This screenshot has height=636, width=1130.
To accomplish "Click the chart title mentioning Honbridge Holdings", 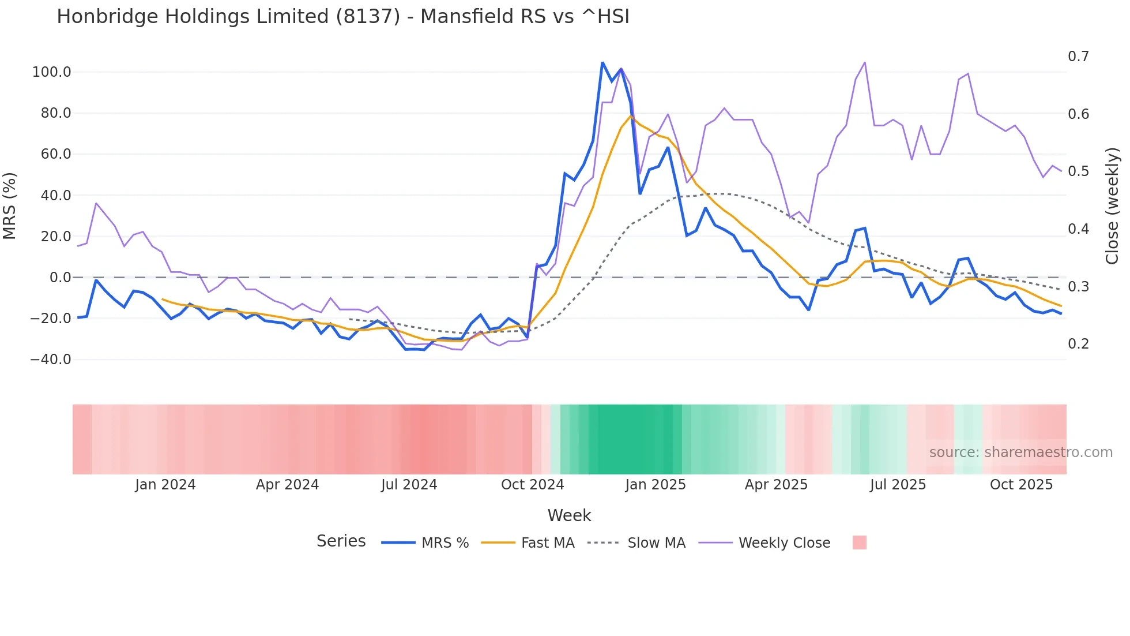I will [343, 17].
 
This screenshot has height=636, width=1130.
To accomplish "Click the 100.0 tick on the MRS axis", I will [52, 72].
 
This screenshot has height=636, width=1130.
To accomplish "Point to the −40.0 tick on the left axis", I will [51, 360].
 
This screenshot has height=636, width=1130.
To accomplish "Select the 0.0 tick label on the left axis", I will [60, 278].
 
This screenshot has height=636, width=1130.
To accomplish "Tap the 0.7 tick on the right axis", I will [1078, 57].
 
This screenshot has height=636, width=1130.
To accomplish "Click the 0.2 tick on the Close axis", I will [1078, 344].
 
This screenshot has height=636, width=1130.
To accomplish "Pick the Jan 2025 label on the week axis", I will [655, 485].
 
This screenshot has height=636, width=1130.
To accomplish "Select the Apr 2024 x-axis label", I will [287, 485].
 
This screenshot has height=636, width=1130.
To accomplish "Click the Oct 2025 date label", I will [1021, 485].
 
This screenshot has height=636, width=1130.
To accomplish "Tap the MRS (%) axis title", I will [10, 206].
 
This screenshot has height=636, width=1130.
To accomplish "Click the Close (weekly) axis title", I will [1112, 206].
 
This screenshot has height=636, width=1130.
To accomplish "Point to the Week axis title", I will [569, 515].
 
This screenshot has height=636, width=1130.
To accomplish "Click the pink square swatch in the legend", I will [859, 543].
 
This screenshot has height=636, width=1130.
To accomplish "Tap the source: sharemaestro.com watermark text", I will [1020, 452].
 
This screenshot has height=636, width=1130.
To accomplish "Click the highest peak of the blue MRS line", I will [602, 62].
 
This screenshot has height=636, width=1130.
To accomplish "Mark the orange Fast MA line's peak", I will [631, 117].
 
